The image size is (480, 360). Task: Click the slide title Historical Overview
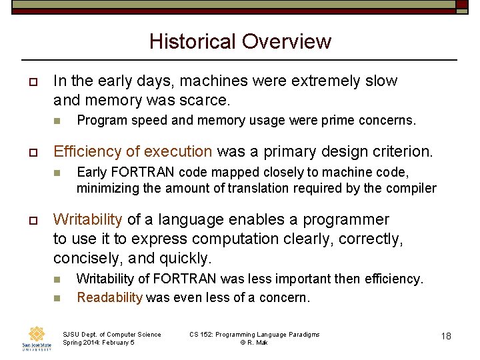(x=240, y=41)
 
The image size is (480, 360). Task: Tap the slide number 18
(x=445, y=336)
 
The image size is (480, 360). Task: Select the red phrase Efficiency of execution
(x=133, y=151)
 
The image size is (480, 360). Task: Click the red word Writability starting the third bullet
(x=87, y=219)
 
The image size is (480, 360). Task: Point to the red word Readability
(x=109, y=298)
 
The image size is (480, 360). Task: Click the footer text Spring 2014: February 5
(x=99, y=343)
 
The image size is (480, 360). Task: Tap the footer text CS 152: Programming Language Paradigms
(x=254, y=334)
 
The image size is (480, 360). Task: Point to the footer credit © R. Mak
(x=254, y=343)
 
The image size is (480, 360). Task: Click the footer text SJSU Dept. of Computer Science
(x=111, y=334)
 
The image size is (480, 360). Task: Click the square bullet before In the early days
(x=31, y=82)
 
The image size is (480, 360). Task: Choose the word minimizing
(x=107, y=188)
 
